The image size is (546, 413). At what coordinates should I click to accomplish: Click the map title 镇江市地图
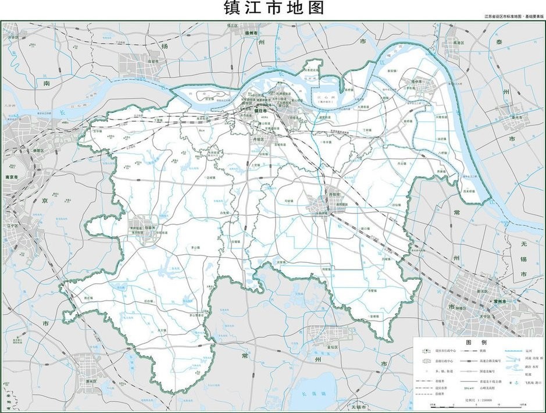coord(273,9)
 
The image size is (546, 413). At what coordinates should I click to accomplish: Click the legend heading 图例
coord(473,341)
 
